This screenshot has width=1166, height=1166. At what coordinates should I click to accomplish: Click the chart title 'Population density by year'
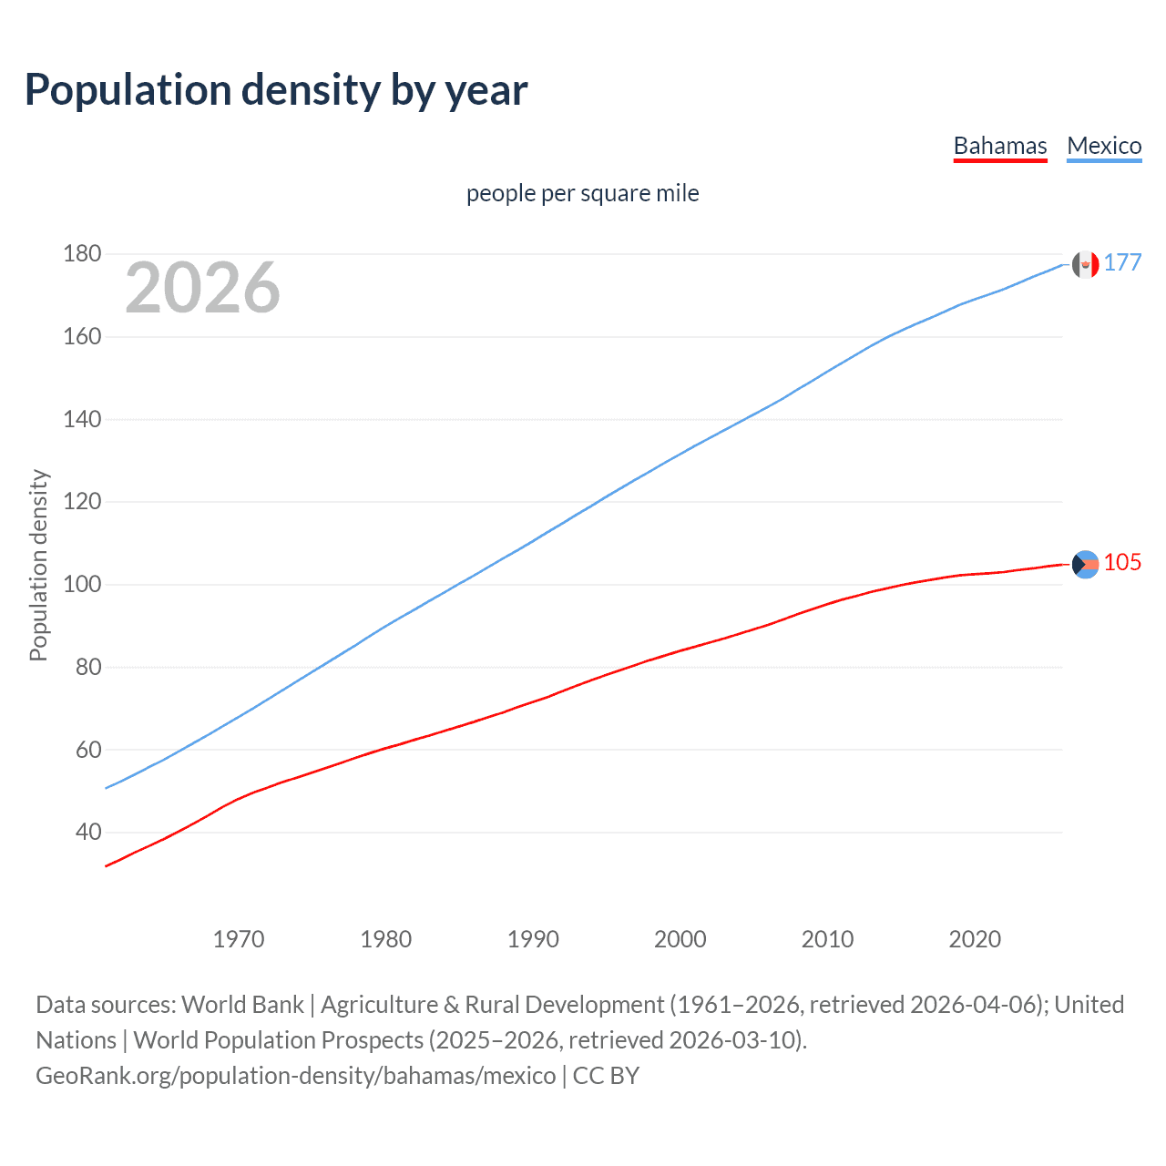coord(276,90)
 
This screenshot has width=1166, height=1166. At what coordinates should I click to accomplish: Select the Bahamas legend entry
coord(999,146)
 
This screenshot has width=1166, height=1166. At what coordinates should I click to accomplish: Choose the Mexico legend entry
coord(1104,146)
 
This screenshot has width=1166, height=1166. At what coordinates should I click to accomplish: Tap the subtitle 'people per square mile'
coord(582,193)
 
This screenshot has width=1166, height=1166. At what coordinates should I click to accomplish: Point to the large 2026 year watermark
coord(202,288)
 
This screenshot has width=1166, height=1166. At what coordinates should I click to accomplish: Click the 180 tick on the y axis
coord(82,253)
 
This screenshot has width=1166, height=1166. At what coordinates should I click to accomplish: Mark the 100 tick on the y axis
coord(82,584)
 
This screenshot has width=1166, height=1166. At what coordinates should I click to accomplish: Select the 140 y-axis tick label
coord(82,419)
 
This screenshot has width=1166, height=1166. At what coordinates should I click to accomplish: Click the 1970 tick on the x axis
coord(239,939)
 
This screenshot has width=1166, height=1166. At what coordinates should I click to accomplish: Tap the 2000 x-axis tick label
coord(680,939)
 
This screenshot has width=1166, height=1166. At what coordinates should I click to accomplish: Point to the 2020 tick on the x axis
coord(975,939)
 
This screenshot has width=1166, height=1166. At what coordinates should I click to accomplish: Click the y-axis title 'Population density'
coord(38,565)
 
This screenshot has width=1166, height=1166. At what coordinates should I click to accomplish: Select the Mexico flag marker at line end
coord(1085,264)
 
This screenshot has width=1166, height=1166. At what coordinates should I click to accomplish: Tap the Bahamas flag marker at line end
coord(1085,564)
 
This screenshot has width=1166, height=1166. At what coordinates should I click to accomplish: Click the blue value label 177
coord(1122,263)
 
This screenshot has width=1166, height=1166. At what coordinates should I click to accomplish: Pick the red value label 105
coord(1122,563)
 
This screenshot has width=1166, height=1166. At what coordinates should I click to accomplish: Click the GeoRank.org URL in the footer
coord(295,1076)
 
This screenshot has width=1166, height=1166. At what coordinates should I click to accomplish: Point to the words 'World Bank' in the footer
coord(242,1005)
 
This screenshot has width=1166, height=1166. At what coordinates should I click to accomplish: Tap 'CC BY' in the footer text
coord(606,1076)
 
